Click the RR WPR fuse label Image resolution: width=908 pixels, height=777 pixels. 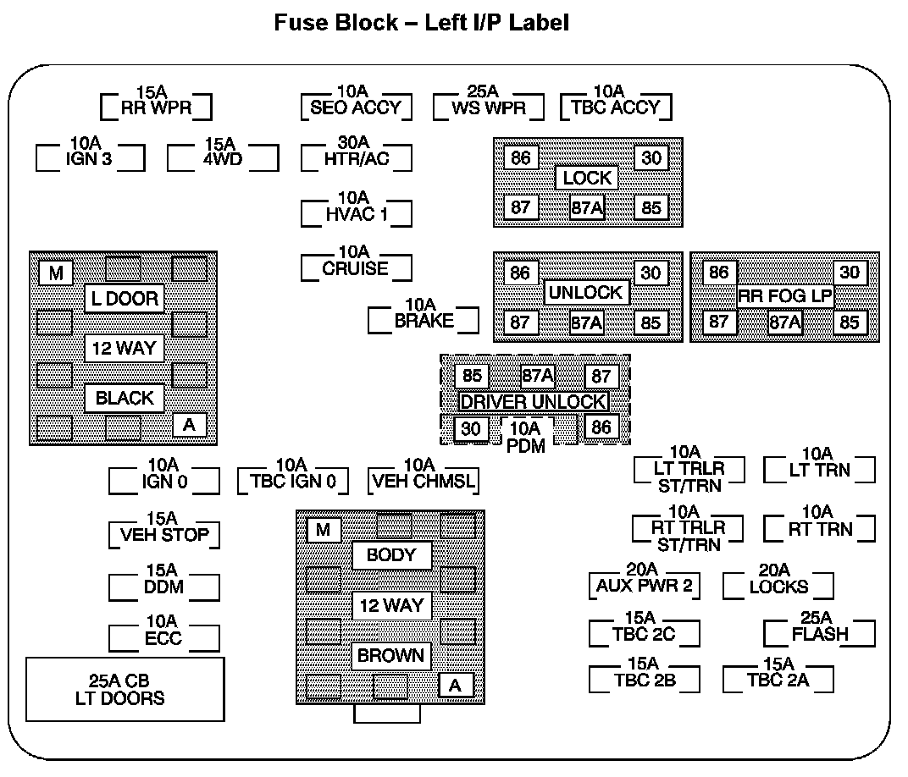[156, 107]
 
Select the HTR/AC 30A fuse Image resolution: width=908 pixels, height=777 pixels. [356, 157]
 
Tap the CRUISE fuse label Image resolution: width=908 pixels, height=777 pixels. [356, 268]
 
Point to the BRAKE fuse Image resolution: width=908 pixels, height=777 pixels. [424, 321]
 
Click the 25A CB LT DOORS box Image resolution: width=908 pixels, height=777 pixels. [126, 690]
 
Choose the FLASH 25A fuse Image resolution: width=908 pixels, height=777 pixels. [820, 633]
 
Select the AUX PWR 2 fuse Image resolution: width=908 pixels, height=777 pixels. [644, 585]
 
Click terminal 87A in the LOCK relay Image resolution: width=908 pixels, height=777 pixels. [587, 207]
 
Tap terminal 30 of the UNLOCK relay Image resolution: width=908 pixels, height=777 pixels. [651, 273]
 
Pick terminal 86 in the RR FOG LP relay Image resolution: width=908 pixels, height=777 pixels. [719, 273]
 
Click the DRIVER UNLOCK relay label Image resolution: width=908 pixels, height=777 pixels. [534, 401]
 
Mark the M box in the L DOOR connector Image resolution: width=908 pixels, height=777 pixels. [56, 273]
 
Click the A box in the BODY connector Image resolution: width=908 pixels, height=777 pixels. [456, 686]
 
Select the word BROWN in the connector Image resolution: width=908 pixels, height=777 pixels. [391, 656]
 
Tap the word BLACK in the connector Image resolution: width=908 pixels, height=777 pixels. [125, 398]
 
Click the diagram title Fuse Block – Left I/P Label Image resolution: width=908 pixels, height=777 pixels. [421, 23]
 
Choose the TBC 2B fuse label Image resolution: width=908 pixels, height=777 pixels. [644, 679]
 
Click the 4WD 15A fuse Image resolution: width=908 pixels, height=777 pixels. [223, 157]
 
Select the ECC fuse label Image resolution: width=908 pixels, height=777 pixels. [163, 637]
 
